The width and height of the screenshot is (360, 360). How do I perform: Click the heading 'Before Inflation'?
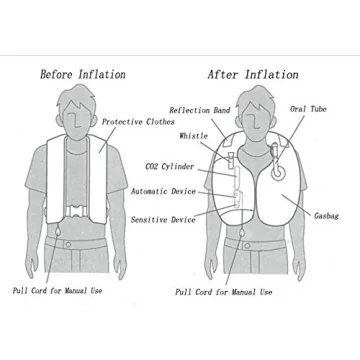tap(82, 74)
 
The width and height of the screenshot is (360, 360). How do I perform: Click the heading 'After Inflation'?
tap(252, 74)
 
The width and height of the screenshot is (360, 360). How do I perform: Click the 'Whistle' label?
tap(194, 135)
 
